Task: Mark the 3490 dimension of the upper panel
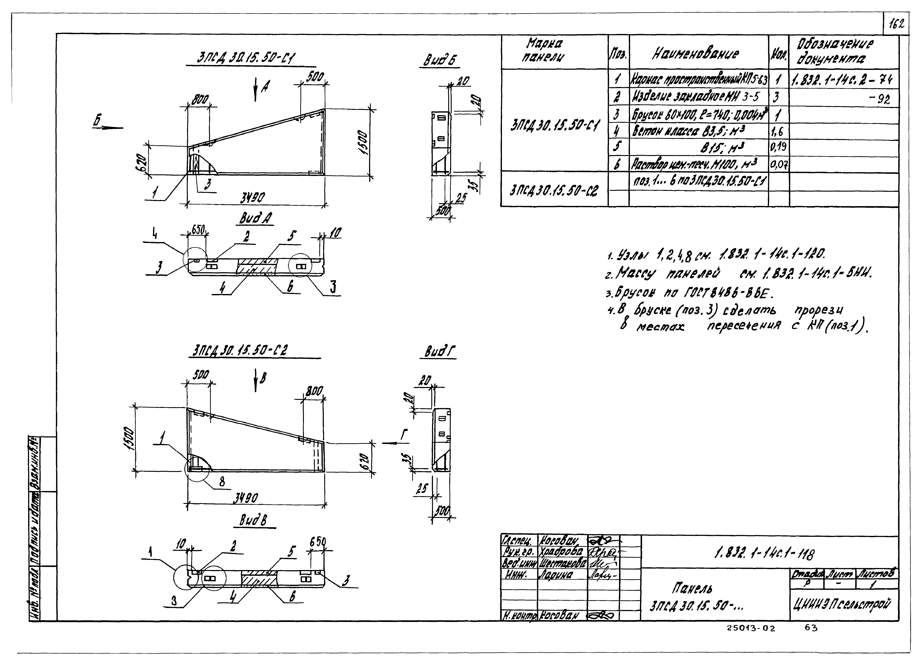coord(252,198)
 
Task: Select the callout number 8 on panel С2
coord(222,482)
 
